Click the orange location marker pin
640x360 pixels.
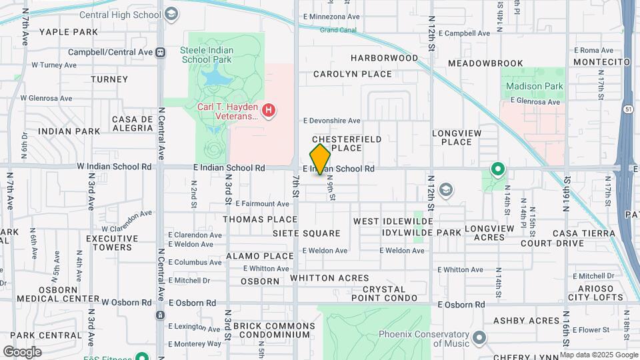tap(321, 159)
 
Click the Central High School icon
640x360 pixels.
tap(171, 14)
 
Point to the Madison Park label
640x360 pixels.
tap(534, 86)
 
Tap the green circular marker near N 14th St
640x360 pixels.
tap(497, 169)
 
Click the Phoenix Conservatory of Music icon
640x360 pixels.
tap(479, 339)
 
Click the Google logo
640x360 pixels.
tap(22, 351)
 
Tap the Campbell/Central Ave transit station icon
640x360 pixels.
tap(160, 51)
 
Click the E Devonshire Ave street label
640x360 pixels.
tap(331, 121)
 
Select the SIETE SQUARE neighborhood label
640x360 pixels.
tap(306, 233)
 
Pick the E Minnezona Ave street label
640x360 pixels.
tap(331, 16)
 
